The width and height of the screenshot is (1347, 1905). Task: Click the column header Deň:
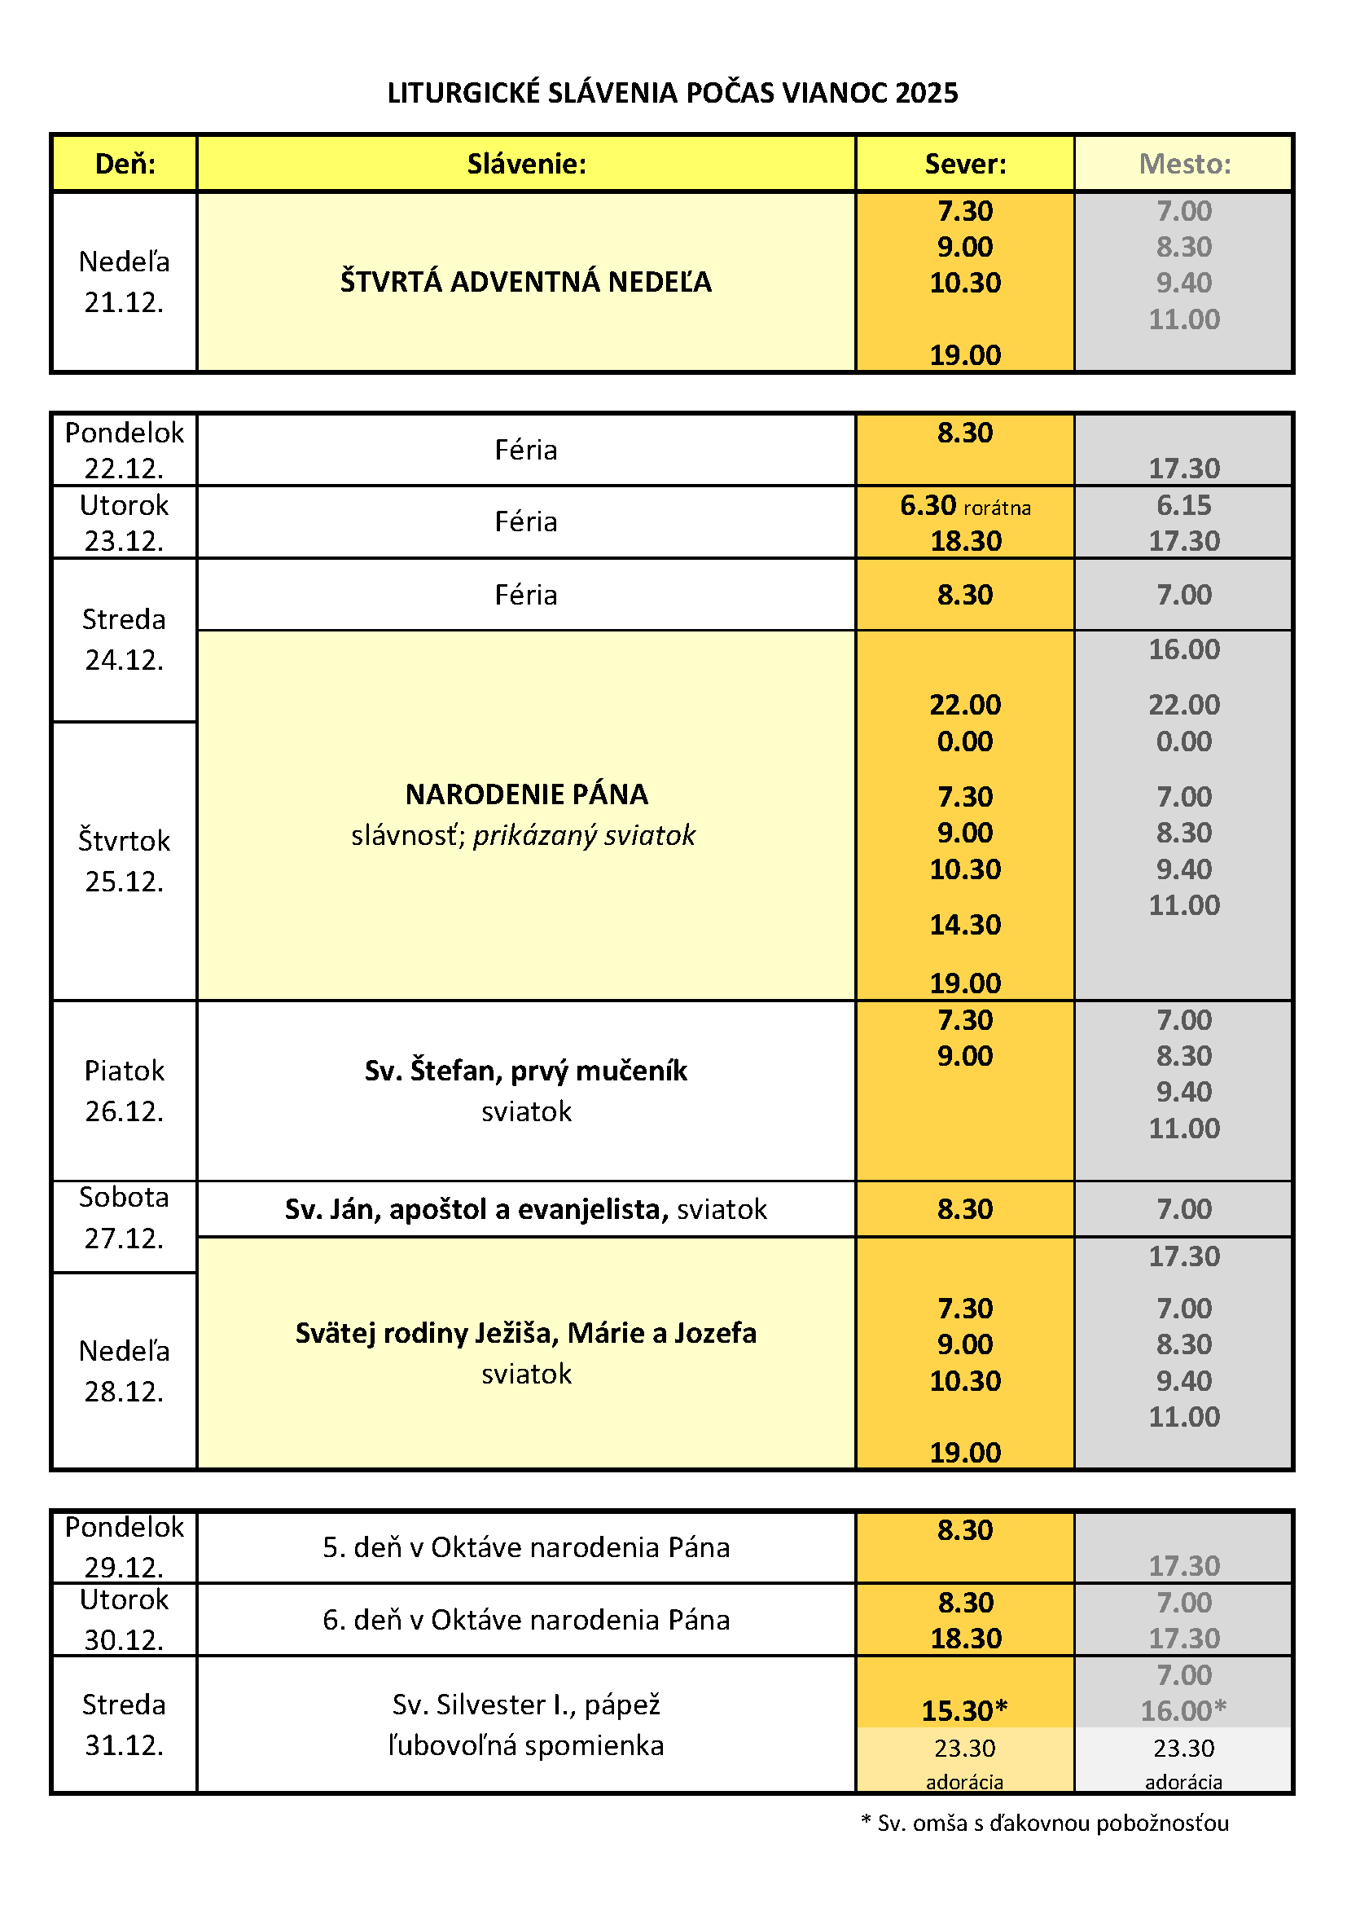(x=125, y=164)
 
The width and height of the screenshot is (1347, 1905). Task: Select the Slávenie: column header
(x=526, y=164)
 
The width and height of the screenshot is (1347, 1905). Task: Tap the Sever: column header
(x=964, y=164)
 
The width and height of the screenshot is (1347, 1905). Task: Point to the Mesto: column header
(x=1183, y=164)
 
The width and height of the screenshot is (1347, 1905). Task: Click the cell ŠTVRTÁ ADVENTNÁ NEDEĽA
(x=526, y=282)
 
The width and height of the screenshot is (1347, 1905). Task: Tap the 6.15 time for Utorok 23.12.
(x=1183, y=504)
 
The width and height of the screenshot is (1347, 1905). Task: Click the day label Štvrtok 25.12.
(x=125, y=860)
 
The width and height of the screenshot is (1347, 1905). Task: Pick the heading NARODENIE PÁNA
(x=526, y=794)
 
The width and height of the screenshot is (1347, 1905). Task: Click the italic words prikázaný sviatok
(x=584, y=834)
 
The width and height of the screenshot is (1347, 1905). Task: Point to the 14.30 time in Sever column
(x=964, y=924)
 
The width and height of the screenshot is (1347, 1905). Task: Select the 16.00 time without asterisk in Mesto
(x=1183, y=649)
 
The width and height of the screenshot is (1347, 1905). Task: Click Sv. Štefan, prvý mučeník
(x=526, y=1071)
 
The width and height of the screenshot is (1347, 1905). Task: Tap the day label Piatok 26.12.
(x=125, y=1090)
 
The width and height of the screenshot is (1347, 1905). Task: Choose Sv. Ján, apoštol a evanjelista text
(x=476, y=1209)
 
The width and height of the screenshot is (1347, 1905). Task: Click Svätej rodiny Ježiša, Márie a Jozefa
(x=526, y=1332)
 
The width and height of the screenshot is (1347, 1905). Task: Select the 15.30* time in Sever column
(x=964, y=1710)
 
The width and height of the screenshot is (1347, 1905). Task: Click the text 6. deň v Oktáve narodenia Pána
(x=526, y=1620)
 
